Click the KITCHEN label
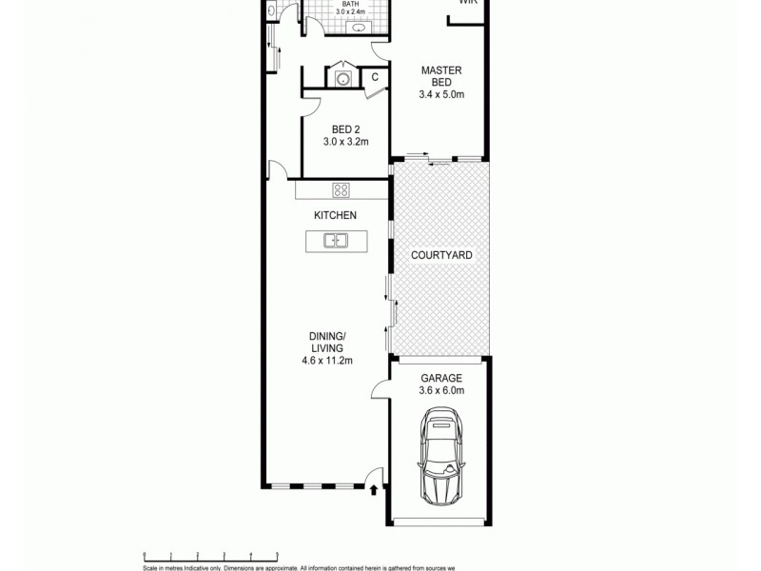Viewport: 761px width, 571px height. click(335, 215)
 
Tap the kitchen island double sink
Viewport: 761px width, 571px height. click(335, 241)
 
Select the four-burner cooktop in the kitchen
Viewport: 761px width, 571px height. click(341, 189)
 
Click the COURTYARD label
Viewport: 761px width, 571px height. click(441, 256)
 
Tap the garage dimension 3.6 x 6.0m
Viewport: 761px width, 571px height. click(440, 389)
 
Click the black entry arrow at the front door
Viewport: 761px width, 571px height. click(374, 491)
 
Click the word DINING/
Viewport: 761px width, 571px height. click(326, 335)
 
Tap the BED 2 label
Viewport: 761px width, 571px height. click(344, 129)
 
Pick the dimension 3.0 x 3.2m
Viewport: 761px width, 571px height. click(344, 143)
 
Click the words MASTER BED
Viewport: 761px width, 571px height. click(440, 76)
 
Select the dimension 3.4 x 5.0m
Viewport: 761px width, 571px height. click(440, 94)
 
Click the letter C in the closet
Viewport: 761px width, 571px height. click(375, 77)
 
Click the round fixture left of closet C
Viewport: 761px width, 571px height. click(342, 78)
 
